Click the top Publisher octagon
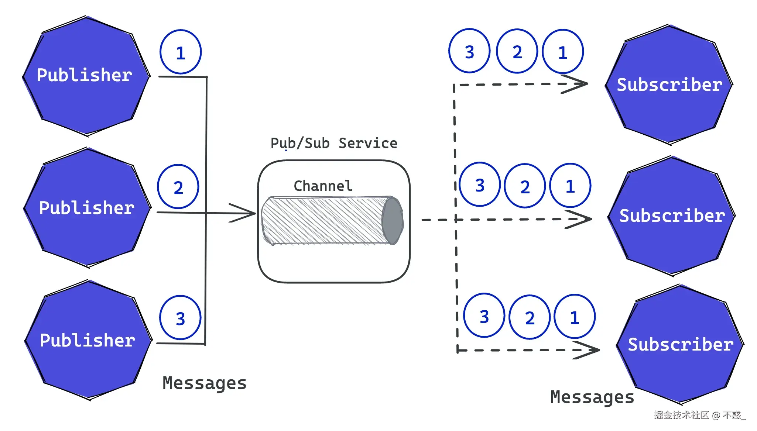[x=86, y=76]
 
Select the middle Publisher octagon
[x=88, y=208]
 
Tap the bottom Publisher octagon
[x=88, y=340]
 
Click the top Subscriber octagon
[x=669, y=85]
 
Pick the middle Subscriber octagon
[x=672, y=216]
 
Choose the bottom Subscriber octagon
[x=680, y=344]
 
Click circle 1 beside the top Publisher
[x=181, y=52]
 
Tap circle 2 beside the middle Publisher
[x=178, y=187]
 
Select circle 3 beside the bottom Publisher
[x=180, y=318]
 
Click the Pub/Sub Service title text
[x=334, y=143]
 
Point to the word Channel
[x=323, y=186]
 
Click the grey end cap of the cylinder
[x=393, y=221]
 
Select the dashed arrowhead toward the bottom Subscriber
[x=587, y=350]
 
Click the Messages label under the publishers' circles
[x=205, y=383]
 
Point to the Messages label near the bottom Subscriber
[x=592, y=397]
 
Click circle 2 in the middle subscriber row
[x=525, y=186]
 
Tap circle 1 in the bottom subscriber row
[x=575, y=317]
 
